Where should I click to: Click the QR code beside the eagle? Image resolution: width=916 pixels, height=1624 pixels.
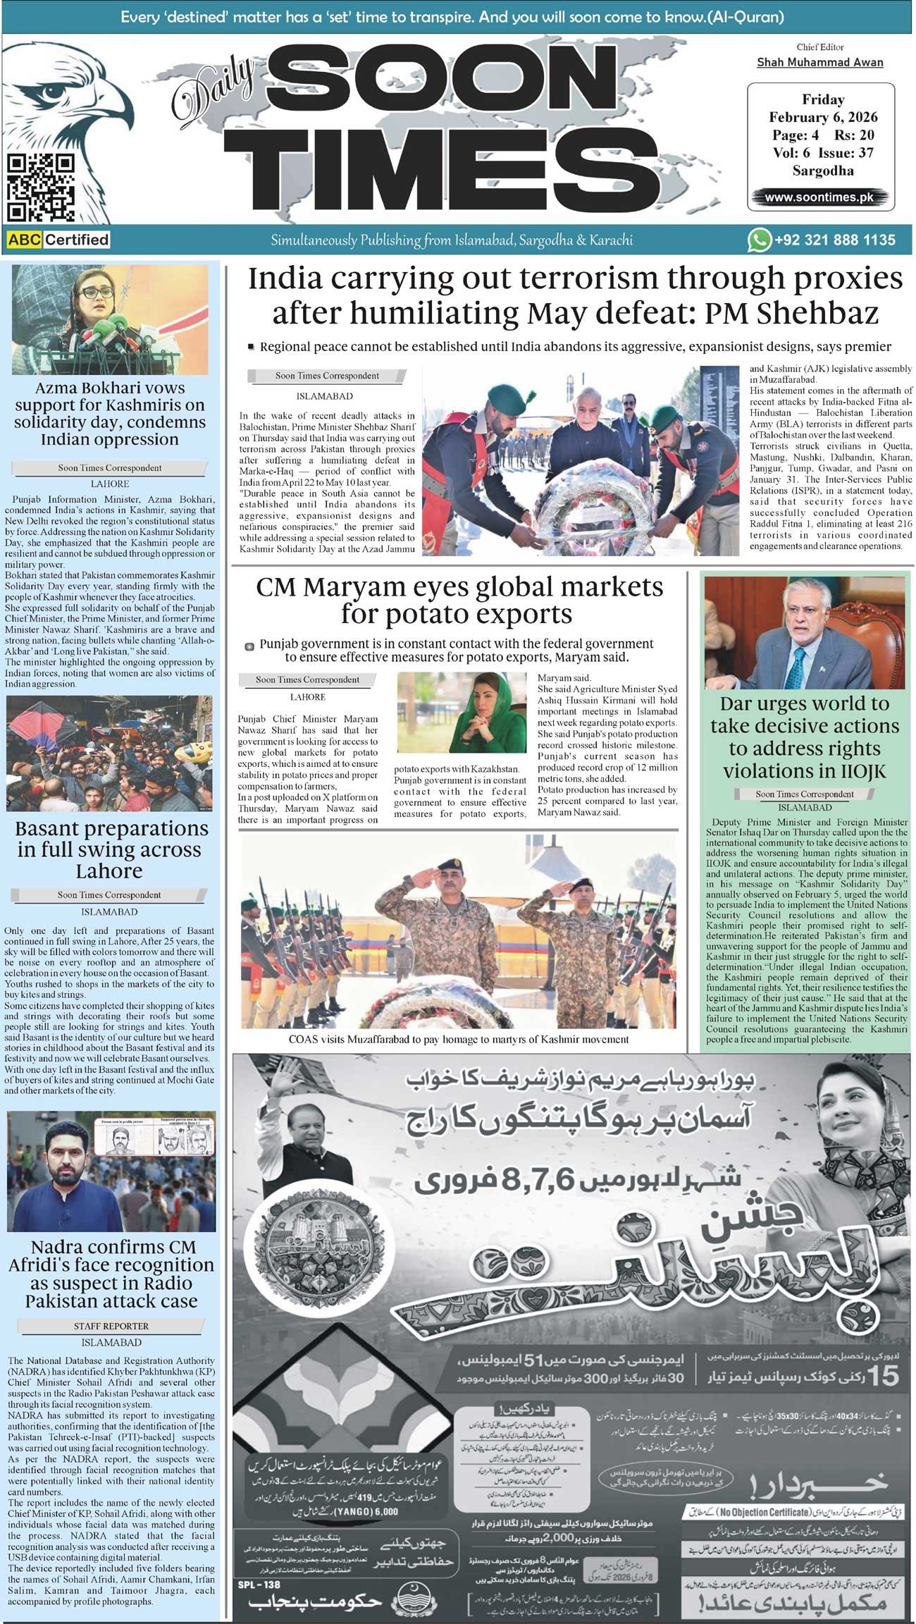coord(40,188)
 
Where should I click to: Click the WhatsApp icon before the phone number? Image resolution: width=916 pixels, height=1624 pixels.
coord(759,240)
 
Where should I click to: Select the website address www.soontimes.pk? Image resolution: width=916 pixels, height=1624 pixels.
coord(819,197)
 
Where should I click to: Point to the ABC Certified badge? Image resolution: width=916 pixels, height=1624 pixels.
coord(58,240)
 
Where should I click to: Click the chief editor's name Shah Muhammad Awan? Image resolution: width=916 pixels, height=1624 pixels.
coord(819,63)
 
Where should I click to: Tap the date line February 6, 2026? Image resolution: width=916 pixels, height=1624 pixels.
coord(822,117)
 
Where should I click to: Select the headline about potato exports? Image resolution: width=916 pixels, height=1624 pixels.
coord(459,600)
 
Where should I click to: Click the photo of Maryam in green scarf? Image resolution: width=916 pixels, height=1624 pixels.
coord(462,712)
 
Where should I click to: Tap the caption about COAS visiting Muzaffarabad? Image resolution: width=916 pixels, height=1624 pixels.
coord(459,1039)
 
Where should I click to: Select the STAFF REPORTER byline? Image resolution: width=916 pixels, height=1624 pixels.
coord(111,1326)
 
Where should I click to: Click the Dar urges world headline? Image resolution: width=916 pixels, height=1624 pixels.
coord(804,737)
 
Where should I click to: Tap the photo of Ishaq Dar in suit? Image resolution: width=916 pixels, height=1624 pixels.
coord(804,632)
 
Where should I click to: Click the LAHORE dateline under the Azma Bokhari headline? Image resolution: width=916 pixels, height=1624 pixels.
coord(110,484)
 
